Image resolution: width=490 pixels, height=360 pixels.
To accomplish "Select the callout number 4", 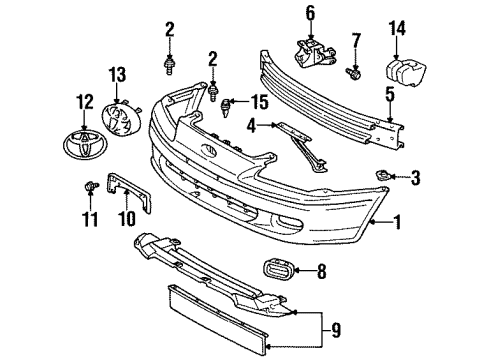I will coord(254,126).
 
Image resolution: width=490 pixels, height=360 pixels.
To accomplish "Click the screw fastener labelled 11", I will coord(92,185).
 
